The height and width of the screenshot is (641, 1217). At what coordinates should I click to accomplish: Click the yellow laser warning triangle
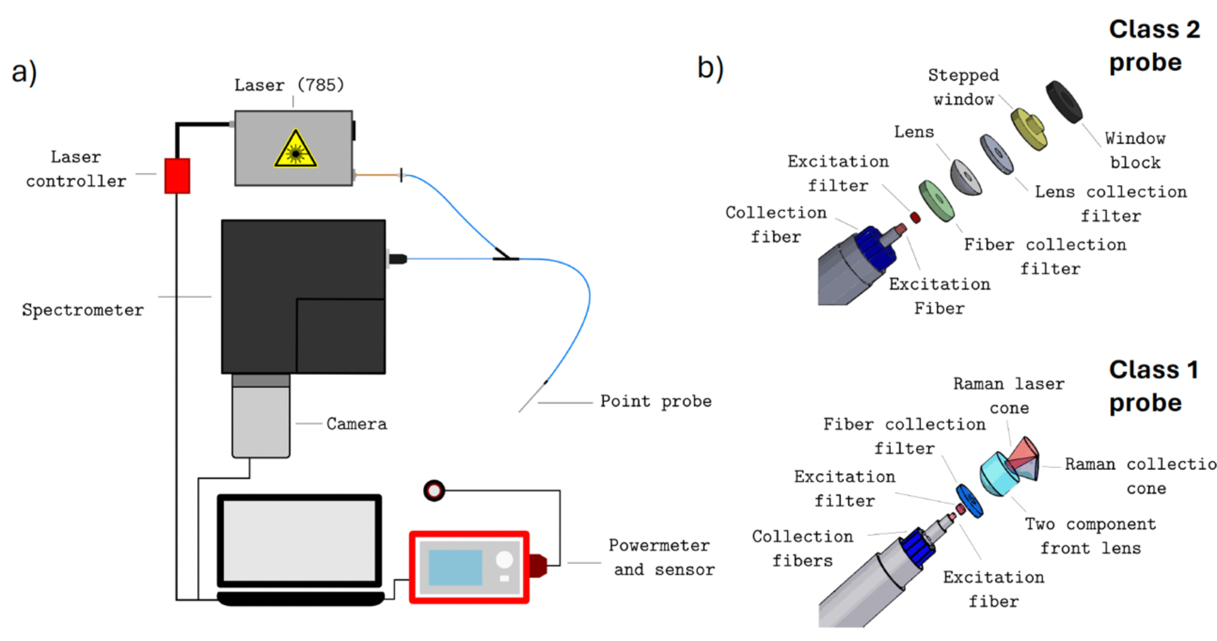pos(295,150)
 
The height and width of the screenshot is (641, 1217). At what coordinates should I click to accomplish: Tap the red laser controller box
pos(177,176)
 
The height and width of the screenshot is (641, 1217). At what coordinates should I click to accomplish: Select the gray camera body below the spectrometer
pos(261,421)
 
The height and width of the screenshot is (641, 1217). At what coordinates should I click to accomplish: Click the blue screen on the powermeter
pos(455,568)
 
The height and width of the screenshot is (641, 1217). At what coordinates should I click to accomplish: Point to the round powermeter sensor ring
pos(434,490)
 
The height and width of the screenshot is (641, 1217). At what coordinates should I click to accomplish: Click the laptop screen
pos(299,540)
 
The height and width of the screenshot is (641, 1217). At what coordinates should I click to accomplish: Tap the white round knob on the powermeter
pos(504,560)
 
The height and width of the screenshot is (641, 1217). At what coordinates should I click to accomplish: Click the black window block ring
pos(1064,102)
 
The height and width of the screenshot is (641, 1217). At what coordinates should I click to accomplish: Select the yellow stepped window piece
pos(1029,129)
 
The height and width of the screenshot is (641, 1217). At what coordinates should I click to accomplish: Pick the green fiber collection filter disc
pos(936,201)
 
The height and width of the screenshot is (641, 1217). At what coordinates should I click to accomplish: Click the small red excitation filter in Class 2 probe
pos(915,217)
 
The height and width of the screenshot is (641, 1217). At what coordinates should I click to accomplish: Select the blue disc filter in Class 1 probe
pos(970,501)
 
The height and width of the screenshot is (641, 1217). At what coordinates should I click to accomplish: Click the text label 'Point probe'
pos(656,401)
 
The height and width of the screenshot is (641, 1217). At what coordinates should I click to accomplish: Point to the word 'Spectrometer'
pos(83,310)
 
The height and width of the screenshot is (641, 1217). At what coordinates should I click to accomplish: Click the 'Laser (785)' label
pos(289,85)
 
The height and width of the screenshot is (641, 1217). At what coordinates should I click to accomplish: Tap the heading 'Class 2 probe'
pos(1153,45)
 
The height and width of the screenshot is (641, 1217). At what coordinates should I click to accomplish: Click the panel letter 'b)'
pos(710,67)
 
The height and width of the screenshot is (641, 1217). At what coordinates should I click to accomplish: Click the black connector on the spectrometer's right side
pos(398,259)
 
